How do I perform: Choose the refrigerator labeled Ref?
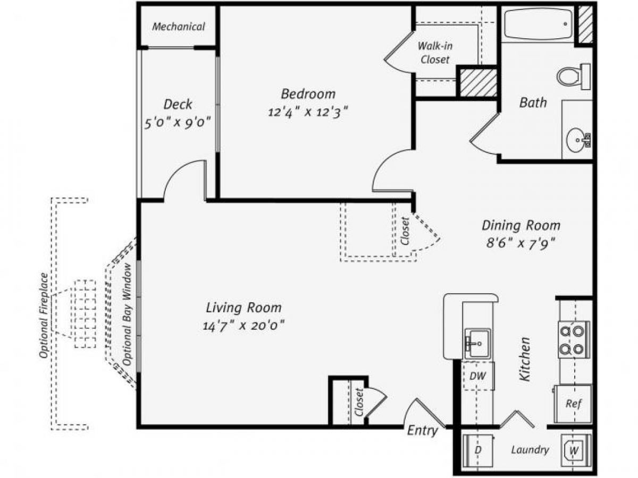click(x=573, y=404)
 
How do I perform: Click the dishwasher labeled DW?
click(x=477, y=376)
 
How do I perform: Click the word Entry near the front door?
click(x=422, y=431)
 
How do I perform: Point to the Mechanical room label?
click(x=178, y=27)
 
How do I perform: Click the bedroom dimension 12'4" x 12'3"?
click(x=308, y=113)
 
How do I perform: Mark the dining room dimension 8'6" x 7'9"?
click(x=521, y=243)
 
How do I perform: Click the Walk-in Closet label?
click(x=435, y=53)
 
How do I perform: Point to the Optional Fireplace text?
click(x=44, y=315)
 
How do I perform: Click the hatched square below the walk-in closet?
click(x=477, y=83)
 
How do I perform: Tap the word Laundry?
click(x=530, y=450)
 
